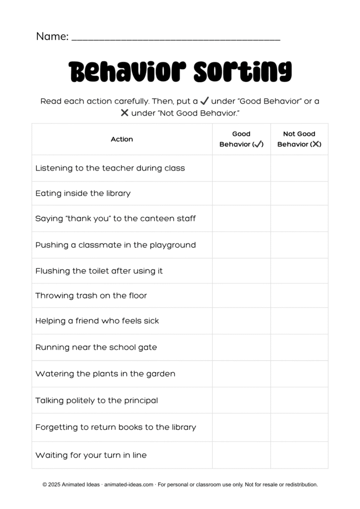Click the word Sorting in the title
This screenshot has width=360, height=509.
pyautogui.click(x=242, y=73)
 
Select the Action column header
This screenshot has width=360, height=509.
pyautogui.click(x=122, y=139)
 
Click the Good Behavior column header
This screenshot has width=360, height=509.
pyautogui.click(x=241, y=139)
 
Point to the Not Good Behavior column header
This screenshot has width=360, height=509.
pyautogui.click(x=299, y=139)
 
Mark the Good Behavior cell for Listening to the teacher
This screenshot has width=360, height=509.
pyautogui.click(x=241, y=168)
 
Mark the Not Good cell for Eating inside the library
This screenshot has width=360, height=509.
pyautogui.click(x=299, y=193)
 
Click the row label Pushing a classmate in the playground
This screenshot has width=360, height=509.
pyautogui.click(x=115, y=245)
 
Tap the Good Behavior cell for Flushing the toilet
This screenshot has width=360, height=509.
pyautogui.click(x=241, y=271)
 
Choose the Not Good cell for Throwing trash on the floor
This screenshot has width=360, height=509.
pyautogui.click(x=299, y=296)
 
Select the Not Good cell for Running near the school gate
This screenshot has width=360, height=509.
pyautogui.click(x=299, y=347)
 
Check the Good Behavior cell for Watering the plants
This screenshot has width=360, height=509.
pyautogui.click(x=241, y=374)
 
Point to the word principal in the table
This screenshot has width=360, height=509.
pyautogui.click(x=140, y=401)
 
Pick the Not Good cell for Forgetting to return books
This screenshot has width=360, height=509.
pyautogui.click(x=299, y=427)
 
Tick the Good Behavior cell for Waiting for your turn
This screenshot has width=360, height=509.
pyautogui.click(x=241, y=455)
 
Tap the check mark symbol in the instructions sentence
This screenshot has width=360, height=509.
pyautogui.click(x=204, y=101)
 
